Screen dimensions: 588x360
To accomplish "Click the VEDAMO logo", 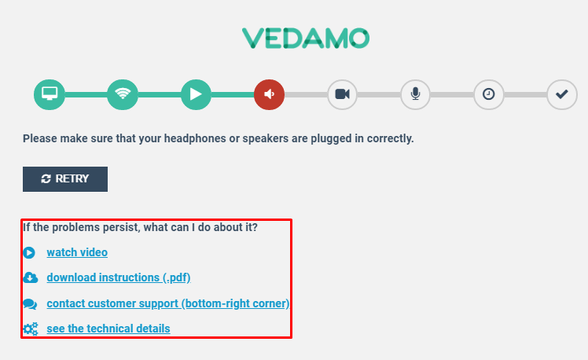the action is click(306, 39).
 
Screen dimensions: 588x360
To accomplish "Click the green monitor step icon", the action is click(50, 94).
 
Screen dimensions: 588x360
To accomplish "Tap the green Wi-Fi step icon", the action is click(123, 94).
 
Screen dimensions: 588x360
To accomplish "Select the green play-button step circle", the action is click(196, 94).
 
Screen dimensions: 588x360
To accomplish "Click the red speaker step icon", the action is click(269, 94).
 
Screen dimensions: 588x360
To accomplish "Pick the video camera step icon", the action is click(342, 94).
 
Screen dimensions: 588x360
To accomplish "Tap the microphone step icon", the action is click(415, 94).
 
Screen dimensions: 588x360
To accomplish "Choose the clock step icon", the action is click(488, 94).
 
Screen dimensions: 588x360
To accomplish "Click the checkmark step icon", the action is click(562, 94).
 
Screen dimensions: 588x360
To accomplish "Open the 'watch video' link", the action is click(77, 252).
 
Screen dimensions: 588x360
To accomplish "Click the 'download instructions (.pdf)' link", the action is click(119, 277).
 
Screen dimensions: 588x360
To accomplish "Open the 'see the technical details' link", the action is click(108, 329).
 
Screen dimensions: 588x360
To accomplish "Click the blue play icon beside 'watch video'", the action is click(29, 253).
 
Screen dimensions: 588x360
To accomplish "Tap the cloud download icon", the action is click(31, 277).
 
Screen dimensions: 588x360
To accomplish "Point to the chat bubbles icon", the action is click(30, 303).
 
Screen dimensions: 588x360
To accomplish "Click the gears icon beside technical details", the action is click(31, 329).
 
